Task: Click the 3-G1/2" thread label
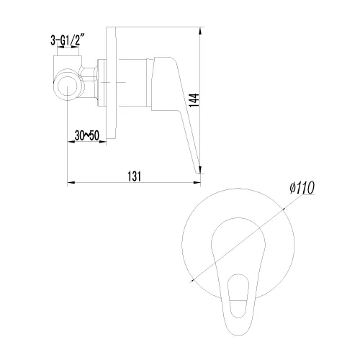(x=68, y=40)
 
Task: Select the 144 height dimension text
(x=194, y=100)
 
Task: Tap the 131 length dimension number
(x=135, y=176)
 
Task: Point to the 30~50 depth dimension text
(x=86, y=135)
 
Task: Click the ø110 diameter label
(x=302, y=188)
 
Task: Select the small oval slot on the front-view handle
(x=238, y=296)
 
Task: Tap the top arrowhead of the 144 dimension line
(x=201, y=31)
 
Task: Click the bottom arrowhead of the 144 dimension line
(x=201, y=169)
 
